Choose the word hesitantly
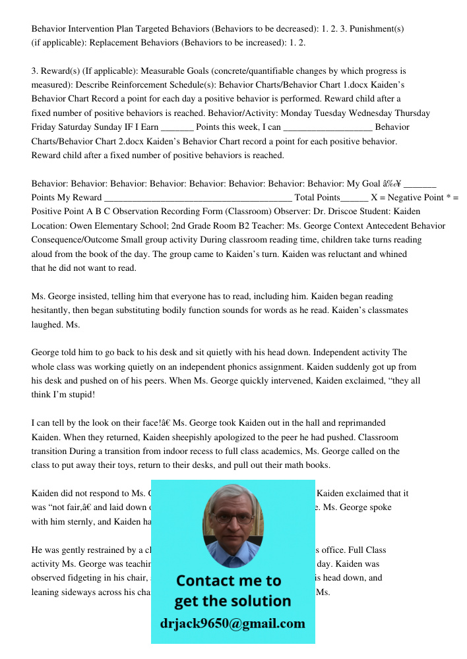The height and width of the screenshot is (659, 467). [59, 310]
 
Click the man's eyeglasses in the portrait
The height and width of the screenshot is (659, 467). [232, 517]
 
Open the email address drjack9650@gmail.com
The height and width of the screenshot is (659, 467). [233, 623]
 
